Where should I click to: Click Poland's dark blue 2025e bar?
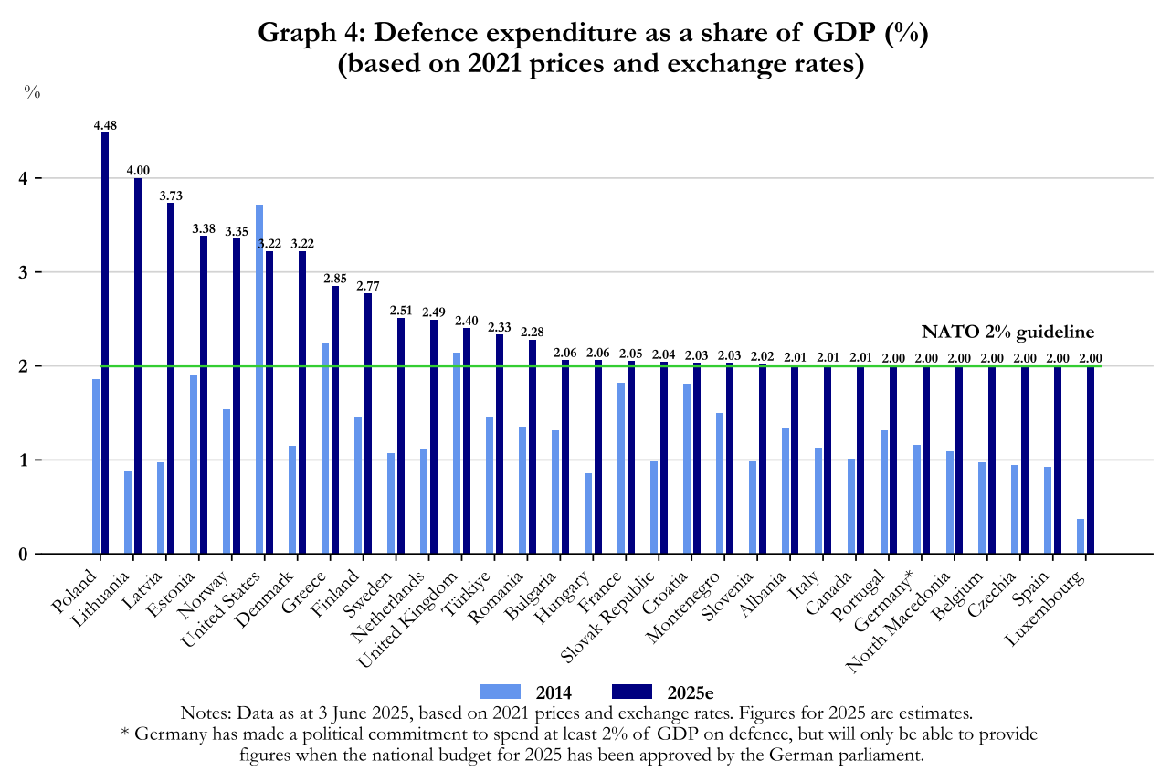(105, 343)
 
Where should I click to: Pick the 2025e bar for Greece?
(335, 419)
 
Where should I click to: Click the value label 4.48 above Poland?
(106, 125)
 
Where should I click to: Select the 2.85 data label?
(336, 279)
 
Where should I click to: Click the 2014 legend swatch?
(500, 691)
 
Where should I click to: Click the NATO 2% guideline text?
(1007, 333)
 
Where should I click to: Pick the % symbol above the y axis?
(32, 92)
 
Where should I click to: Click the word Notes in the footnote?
(206, 713)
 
